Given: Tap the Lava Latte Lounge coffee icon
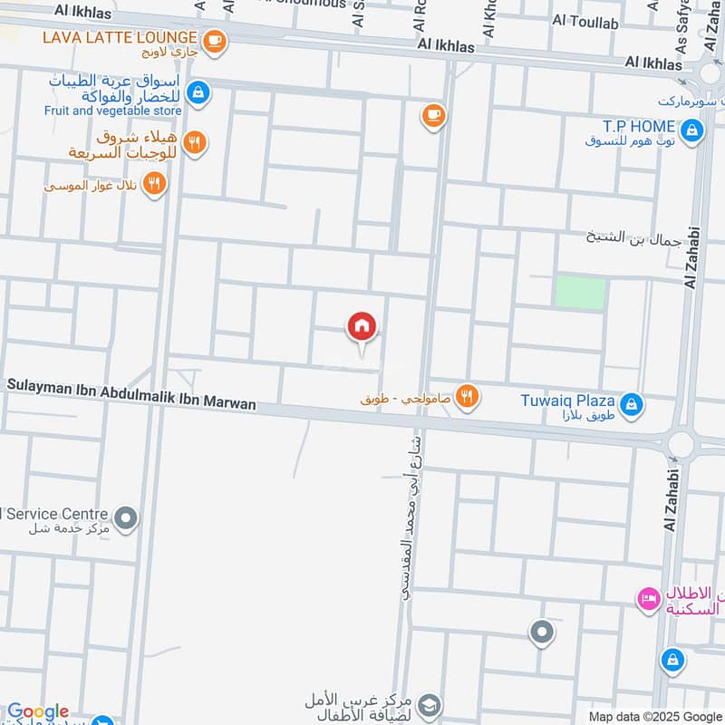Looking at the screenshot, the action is pyautogui.click(x=215, y=40).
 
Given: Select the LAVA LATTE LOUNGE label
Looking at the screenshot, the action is pyautogui.click(x=122, y=38).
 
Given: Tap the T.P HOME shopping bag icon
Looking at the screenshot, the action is pyautogui.click(x=691, y=131).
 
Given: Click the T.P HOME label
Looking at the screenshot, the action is pyautogui.click(x=640, y=126).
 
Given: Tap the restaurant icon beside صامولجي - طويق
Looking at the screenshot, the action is pyautogui.click(x=468, y=396).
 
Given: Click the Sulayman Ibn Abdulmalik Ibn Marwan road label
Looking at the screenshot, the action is pyautogui.click(x=131, y=395).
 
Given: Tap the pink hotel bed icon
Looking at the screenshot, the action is pyautogui.click(x=648, y=598).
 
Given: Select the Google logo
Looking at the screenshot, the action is pyautogui.click(x=38, y=712).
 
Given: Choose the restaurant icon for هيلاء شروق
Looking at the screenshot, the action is pyautogui.click(x=194, y=142).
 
